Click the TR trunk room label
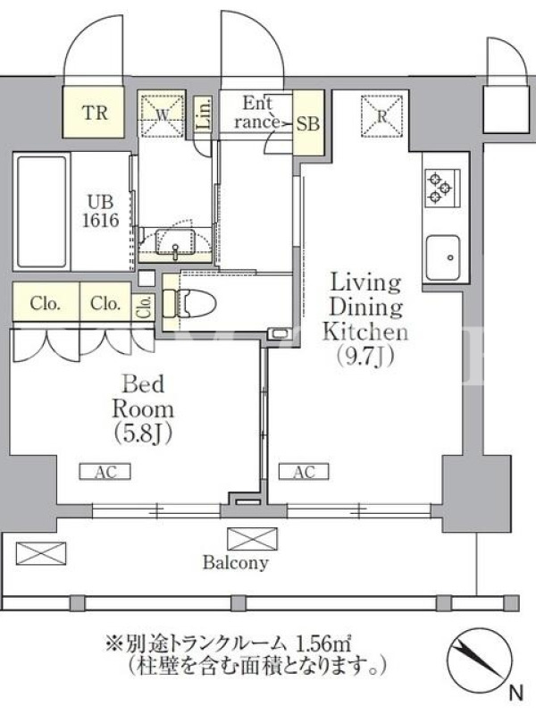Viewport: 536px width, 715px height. (x=96, y=113)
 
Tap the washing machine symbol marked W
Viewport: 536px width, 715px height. (x=162, y=114)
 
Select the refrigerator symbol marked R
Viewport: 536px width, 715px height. (x=382, y=116)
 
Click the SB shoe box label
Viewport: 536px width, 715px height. (x=308, y=123)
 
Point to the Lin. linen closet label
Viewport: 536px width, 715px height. (x=205, y=114)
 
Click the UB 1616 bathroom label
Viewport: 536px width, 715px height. (x=101, y=211)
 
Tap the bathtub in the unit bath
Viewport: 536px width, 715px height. (x=41, y=212)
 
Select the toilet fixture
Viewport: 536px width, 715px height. (x=189, y=301)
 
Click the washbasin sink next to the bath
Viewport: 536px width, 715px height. (x=175, y=242)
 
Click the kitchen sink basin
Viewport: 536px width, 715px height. (x=442, y=257)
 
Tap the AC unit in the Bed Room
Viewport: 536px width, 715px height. (x=105, y=472)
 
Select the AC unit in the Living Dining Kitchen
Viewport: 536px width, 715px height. (x=304, y=472)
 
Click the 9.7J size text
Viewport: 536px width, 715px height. (x=364, y=356)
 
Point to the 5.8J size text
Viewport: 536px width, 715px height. (x=143, y=433)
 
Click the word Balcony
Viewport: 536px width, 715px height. (x=235, y=563)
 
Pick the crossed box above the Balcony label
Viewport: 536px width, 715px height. (x=252, y=539)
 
